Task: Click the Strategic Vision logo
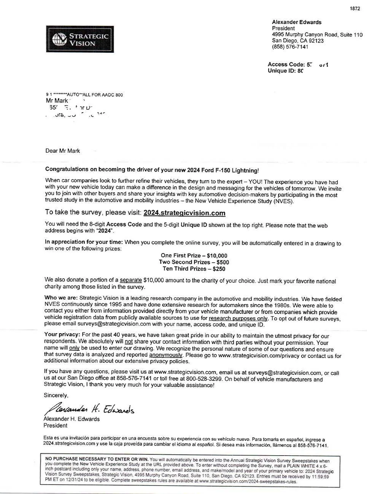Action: coord(80,39)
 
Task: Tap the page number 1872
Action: coord(354,9)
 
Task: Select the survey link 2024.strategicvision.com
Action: coord(184,213)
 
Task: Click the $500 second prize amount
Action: coord(221,262)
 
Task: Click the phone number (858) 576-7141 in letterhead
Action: coord(290,47)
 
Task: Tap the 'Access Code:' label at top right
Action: coord(286,65)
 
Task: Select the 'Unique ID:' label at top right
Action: coord(281,71)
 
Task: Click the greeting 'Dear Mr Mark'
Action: coord(63,151)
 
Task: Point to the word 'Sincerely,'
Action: coord(56,395)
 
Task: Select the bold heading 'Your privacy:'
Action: coord(62,335)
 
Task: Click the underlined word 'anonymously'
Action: coord(166,355)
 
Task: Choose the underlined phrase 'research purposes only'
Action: coord(238,318)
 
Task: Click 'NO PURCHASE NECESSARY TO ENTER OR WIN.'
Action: coord(97,459)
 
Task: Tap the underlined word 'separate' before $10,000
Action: coord(131,280)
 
